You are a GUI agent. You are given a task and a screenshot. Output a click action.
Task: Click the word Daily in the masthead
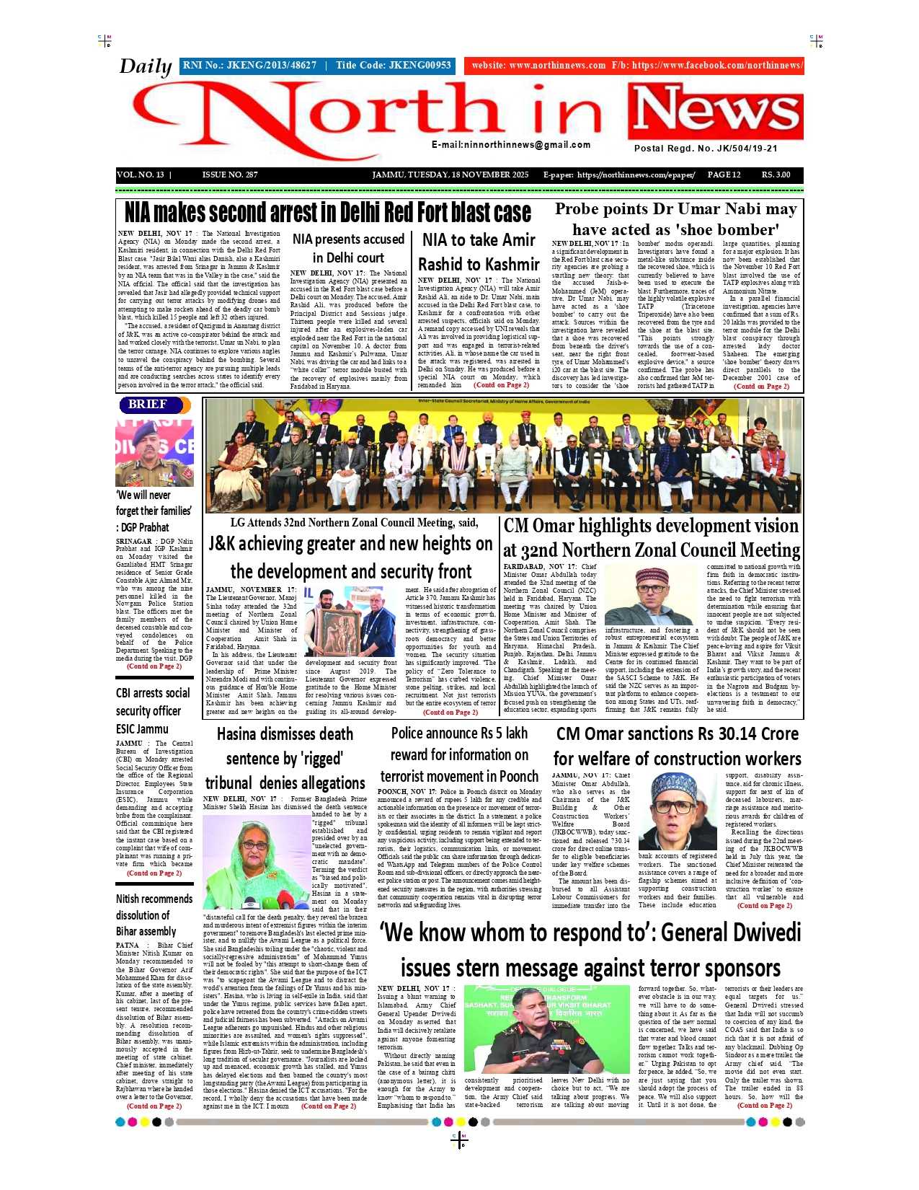145,66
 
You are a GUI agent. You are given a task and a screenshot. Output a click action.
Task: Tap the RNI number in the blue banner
249,66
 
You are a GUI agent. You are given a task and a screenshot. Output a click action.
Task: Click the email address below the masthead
511,145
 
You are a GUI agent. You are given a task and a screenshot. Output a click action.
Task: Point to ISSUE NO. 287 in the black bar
230,175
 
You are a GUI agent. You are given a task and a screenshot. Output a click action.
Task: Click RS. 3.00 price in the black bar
776,175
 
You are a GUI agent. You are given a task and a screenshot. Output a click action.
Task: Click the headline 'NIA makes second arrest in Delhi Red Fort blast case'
328,213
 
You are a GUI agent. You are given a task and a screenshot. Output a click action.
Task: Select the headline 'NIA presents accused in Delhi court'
348,248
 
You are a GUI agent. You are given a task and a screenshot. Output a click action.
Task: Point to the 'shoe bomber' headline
675,219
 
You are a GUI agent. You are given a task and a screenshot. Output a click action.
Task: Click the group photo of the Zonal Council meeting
503,455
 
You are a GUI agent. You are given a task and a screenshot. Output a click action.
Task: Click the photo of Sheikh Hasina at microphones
257,862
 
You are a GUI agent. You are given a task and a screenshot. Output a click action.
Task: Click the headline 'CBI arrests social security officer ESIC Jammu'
153,711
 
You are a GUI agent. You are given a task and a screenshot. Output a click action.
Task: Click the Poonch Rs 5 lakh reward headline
459,754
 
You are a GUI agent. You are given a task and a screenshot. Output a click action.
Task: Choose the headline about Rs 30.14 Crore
677,746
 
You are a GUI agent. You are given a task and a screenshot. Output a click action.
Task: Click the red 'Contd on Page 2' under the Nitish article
154,1106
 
